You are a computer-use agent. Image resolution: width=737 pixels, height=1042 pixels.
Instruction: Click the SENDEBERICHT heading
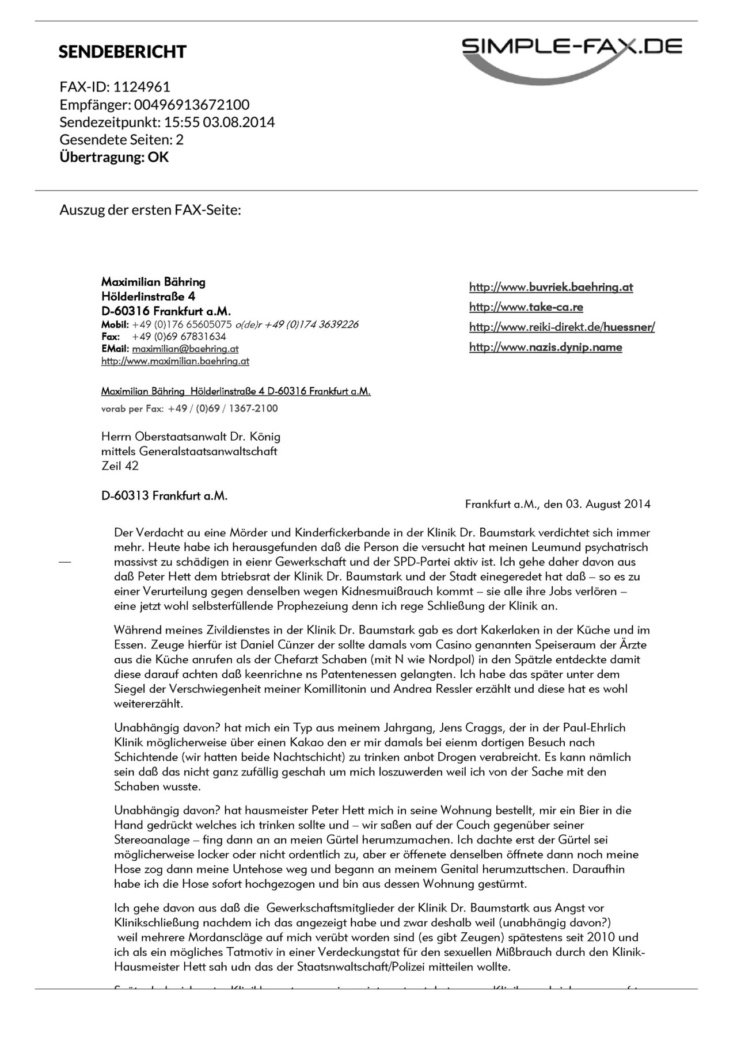[x=122, y=52]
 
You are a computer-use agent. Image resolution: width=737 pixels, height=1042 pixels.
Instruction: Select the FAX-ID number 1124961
[x=142, y=87]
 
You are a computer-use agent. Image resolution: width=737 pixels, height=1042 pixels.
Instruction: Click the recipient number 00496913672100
[x=192, y=105]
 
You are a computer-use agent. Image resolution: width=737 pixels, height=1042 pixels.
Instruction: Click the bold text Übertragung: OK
[x=114, y=157]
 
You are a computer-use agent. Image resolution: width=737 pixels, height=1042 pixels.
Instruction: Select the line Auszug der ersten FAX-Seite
[x=150, y=209]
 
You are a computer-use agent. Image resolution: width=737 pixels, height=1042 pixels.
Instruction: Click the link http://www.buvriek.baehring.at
[x=551, y=287]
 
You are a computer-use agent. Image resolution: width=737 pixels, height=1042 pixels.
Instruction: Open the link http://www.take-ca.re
[x=526, y=307]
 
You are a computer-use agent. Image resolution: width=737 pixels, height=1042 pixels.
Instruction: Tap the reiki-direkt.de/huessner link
[x=562, y=327]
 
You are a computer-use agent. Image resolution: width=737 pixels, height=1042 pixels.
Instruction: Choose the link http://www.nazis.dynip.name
[x=546, y=347]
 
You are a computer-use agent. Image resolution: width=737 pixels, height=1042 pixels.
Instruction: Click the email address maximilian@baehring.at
[x=185, y=349]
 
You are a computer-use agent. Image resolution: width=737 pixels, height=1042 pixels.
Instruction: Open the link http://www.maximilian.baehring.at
[x=175, y=361]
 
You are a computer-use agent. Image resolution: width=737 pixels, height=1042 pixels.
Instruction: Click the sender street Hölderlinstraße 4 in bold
[x=148, y=297]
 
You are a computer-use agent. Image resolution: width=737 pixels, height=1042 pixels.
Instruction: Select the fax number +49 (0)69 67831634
[x=179, y=337]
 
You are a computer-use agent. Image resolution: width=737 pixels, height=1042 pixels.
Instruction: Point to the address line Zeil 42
[x=120, y=466]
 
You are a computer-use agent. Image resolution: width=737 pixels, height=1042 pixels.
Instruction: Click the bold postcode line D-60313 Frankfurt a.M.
[x=164, y=495]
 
